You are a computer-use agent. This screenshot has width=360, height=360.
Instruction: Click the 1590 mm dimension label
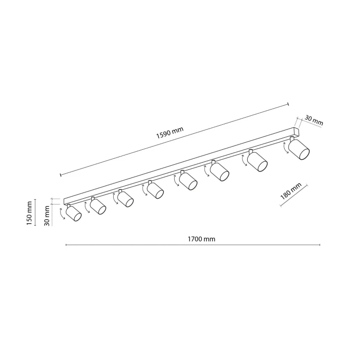tap(169, 132)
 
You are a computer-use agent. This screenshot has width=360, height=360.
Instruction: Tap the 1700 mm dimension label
tap(201, 239)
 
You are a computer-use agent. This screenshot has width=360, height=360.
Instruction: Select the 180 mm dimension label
tap(291, 192)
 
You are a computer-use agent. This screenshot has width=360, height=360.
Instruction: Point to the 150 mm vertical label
tap(29, 213)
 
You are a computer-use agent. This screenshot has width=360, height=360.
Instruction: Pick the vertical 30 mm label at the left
tap(47, 216)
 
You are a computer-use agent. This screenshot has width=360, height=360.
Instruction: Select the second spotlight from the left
tap(98, 206)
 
